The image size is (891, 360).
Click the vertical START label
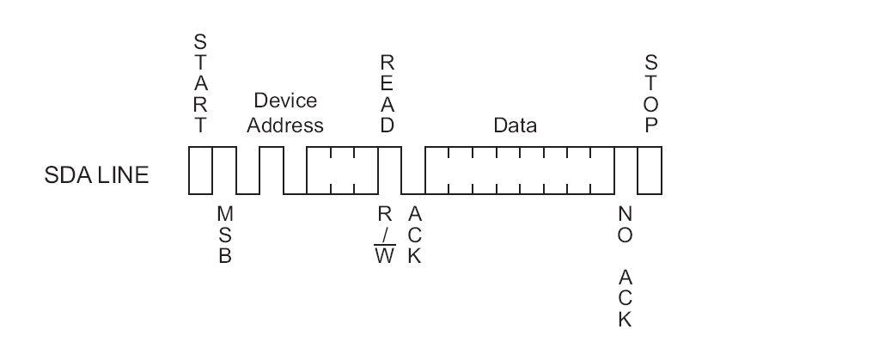[x=200, y=83]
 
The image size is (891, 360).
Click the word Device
[x=284, y=101]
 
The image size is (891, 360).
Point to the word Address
[x=284, y=125]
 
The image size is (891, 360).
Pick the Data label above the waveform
[x=515, y=125]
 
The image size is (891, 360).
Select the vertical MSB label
[x=224, y=234]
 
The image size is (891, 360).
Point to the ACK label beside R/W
[x=413, y=235]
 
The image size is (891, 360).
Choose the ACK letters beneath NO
[x=626, y=297]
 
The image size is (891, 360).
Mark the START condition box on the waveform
[x=200, y=169]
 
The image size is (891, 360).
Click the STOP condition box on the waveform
[x=650, y=169]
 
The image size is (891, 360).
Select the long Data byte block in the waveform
[x=520, y=169]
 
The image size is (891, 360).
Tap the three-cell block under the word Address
[x=342, y=169]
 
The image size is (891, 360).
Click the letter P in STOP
[x=652, y=125]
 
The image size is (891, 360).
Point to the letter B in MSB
[x=224, y=256]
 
